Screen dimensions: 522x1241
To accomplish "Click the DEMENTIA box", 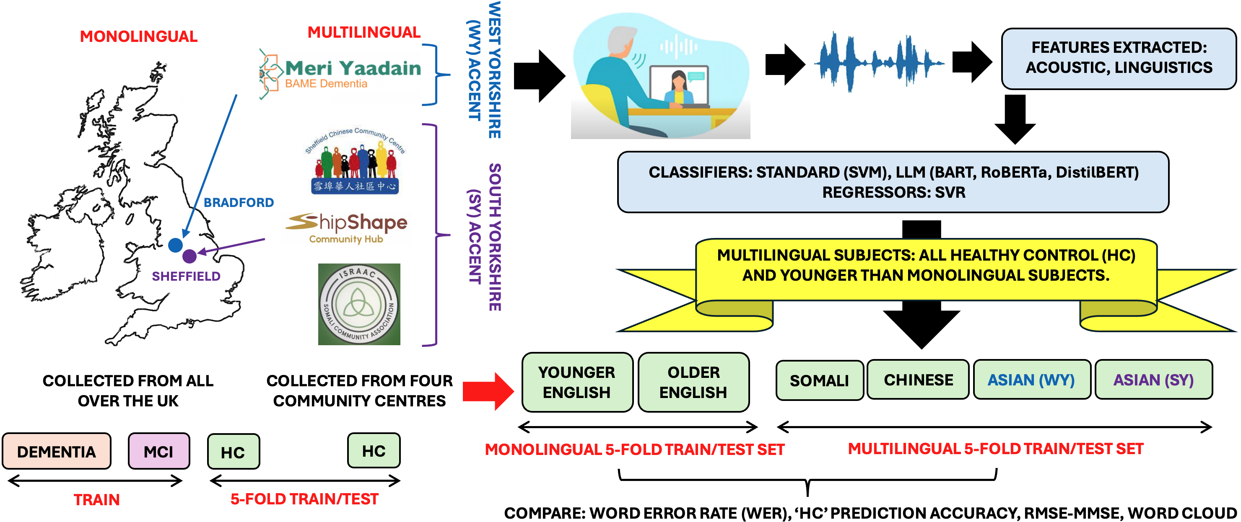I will [x=56, y=451].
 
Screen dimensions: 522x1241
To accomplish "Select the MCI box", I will [x=158, y=451].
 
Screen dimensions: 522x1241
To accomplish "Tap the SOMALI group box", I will [x=819, y=380].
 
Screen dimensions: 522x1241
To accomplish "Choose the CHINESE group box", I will [x=918, y=380].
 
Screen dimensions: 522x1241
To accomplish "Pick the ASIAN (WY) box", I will [x=1031, y=380].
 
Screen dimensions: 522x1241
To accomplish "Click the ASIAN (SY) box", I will [x=1153, y=380].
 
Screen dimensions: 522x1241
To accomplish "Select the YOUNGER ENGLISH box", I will [x=576, y=382].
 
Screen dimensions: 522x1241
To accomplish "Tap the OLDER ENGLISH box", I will [x=693, y=382].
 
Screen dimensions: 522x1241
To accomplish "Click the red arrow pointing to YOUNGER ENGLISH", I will [x=488, y=391].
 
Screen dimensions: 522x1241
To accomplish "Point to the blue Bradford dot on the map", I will [x=175, y=245].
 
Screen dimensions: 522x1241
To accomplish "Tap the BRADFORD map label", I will [x=239, y=203].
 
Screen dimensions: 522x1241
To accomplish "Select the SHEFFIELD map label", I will [x=186, y=277].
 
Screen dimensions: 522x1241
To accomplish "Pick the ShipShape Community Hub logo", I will [x=346, y=227].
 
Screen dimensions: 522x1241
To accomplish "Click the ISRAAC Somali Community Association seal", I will [x=359, y=304].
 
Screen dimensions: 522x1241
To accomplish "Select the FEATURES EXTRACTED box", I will [x=1119, y=58].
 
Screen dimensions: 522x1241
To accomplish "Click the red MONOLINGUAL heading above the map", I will [x=138, y=36].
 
